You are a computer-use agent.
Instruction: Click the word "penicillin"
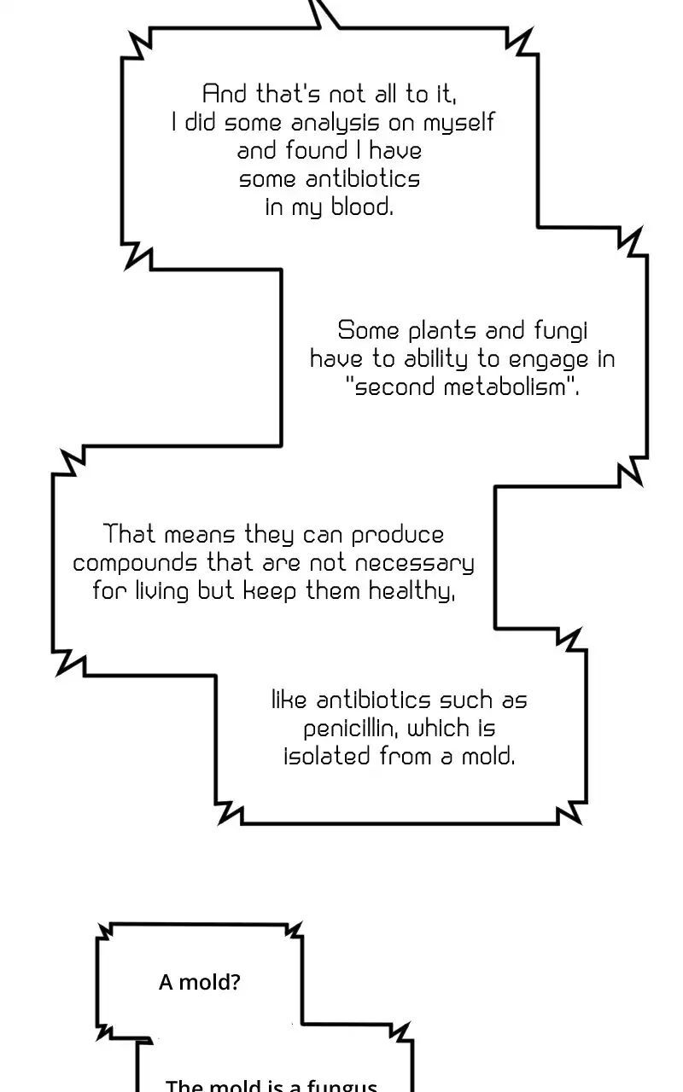click(x=352, y=729)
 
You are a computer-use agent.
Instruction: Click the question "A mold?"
click(x=200, y=983)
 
